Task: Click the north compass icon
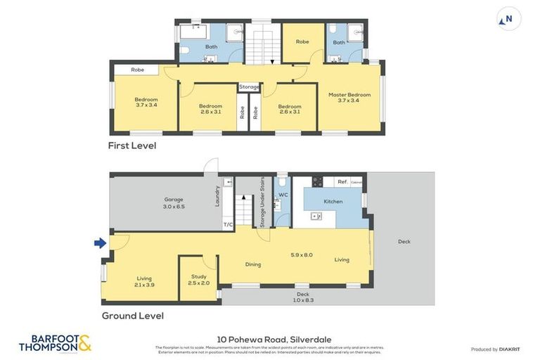pyautogui.click(x=509, y=19)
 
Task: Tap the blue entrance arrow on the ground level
pyautogui.click(x=101, y=243)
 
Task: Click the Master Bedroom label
pyautogui.click(x=349, y=97)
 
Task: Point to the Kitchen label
pyautogui.click(x=333, y=202)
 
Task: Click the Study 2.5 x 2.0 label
pyautogui.click(x=199, y=280)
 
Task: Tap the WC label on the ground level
pyautogui.click(x=283, y=195)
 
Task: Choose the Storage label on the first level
pyautogui.click(x=249, y=87)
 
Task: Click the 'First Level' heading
pyautogui.click(x=131, y=146)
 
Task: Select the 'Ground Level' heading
pyautogui.click(x=133, y=316)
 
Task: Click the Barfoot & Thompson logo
pyautogui.click(x=55, y=343)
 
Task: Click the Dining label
pyautogui.click(x=253, y=265)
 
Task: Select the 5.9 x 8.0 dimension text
pyautogui.click(x=302, y=255)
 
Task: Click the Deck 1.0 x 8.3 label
pyautogui.click(x=302, y=297)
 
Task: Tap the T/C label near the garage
pyautogui.click(x=228, y=225)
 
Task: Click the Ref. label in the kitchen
pyautogui.click(x=342, y=181)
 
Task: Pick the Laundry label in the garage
pyautogui.click(x=217, y=195)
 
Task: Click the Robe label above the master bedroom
pyautogui.click(x=302, y=42)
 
